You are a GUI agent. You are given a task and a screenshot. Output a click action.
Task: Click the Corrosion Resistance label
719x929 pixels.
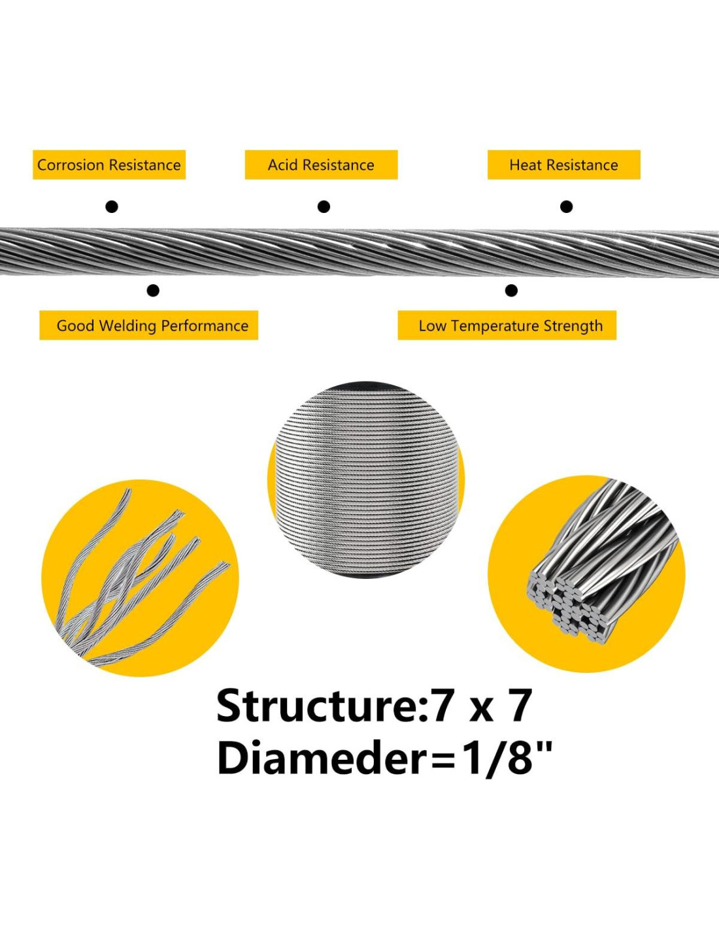point(109,165)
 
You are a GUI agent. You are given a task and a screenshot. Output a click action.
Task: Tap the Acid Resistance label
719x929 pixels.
point(321,165)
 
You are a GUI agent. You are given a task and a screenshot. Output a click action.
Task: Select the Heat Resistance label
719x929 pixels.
point(563,165)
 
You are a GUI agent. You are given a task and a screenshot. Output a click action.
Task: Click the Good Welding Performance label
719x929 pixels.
point(149,325)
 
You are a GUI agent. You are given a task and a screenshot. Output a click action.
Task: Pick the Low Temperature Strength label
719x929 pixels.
point(507,325)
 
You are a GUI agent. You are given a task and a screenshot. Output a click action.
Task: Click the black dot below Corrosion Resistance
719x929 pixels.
point(112,207)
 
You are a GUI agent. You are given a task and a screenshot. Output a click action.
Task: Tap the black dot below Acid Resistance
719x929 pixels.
point(324,207)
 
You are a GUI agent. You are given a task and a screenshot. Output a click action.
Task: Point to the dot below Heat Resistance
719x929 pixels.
point(566,207)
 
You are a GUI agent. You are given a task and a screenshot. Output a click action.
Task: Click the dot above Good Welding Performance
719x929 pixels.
point(153,291)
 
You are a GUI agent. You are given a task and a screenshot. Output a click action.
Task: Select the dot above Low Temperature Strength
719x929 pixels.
point(511,291)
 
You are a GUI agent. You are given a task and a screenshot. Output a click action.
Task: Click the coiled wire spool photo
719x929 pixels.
point(366,480)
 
